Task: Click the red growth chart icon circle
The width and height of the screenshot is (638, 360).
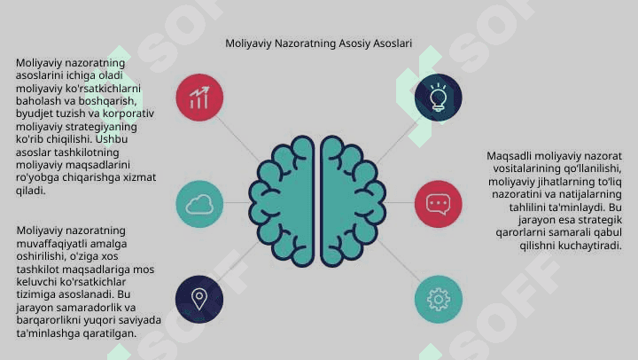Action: tap(199, 98)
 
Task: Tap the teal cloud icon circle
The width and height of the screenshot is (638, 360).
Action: tap(199, 204)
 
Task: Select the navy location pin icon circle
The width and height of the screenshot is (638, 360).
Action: tap(199, 300)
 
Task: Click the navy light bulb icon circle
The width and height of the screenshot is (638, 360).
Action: tap(439, 98)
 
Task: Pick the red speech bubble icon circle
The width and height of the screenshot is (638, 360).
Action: tap(439, 204)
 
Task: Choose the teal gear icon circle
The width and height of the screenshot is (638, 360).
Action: tap(439, 300)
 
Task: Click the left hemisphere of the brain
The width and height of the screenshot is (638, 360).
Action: tap(282, 201)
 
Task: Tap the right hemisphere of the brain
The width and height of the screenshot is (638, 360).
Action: tap(353, 201)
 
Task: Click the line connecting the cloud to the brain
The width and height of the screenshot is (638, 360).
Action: tap(236, 202)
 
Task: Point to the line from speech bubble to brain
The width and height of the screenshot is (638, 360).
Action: tap(401, 202)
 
